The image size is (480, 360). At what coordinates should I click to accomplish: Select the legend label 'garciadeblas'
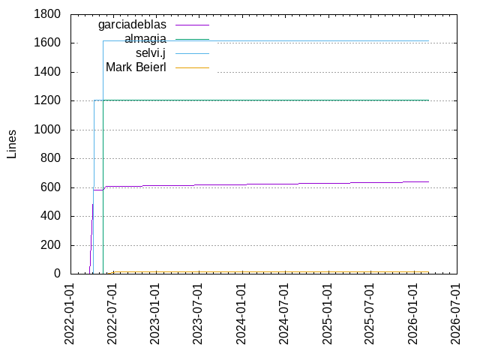click(x=132, y=25)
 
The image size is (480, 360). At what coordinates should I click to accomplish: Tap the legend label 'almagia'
click(x=145, y=39)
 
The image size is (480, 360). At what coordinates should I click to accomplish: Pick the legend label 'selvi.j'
click(x=150, y=53)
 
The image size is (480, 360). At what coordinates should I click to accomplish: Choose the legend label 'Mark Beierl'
click(x=136, y=67)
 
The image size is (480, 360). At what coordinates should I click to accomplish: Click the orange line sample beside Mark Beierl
click(x=192, y=67)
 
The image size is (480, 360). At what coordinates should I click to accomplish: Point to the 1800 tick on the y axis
click(x=47, y=14)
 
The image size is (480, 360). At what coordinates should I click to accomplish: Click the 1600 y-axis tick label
click(x=47, y=43)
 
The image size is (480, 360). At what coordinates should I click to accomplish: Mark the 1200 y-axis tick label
click(x=47, y=101)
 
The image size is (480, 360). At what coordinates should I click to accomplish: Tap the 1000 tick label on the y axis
click(x=47, y=130)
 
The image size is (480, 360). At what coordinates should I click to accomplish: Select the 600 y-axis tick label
click(x=50, y=187)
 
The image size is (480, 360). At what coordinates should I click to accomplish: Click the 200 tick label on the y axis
click(x=50, y=245)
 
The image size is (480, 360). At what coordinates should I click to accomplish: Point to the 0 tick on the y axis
click(x=56, y=274)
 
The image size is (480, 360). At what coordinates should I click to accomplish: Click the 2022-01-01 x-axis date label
click(x=70, y=314)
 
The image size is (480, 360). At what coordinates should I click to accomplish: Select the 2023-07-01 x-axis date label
click(x=198, y=314)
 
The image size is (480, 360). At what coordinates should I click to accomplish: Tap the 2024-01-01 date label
click(x=241, y=314)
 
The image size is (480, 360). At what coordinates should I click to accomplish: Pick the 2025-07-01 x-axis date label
click(x=370, y=314)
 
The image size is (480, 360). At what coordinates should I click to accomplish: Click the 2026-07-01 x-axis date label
click(x=455, y=314)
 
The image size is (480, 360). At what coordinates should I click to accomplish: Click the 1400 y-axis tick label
click(x=47, y=72)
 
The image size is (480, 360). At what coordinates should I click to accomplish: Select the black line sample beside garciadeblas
click(x=192, y=25)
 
